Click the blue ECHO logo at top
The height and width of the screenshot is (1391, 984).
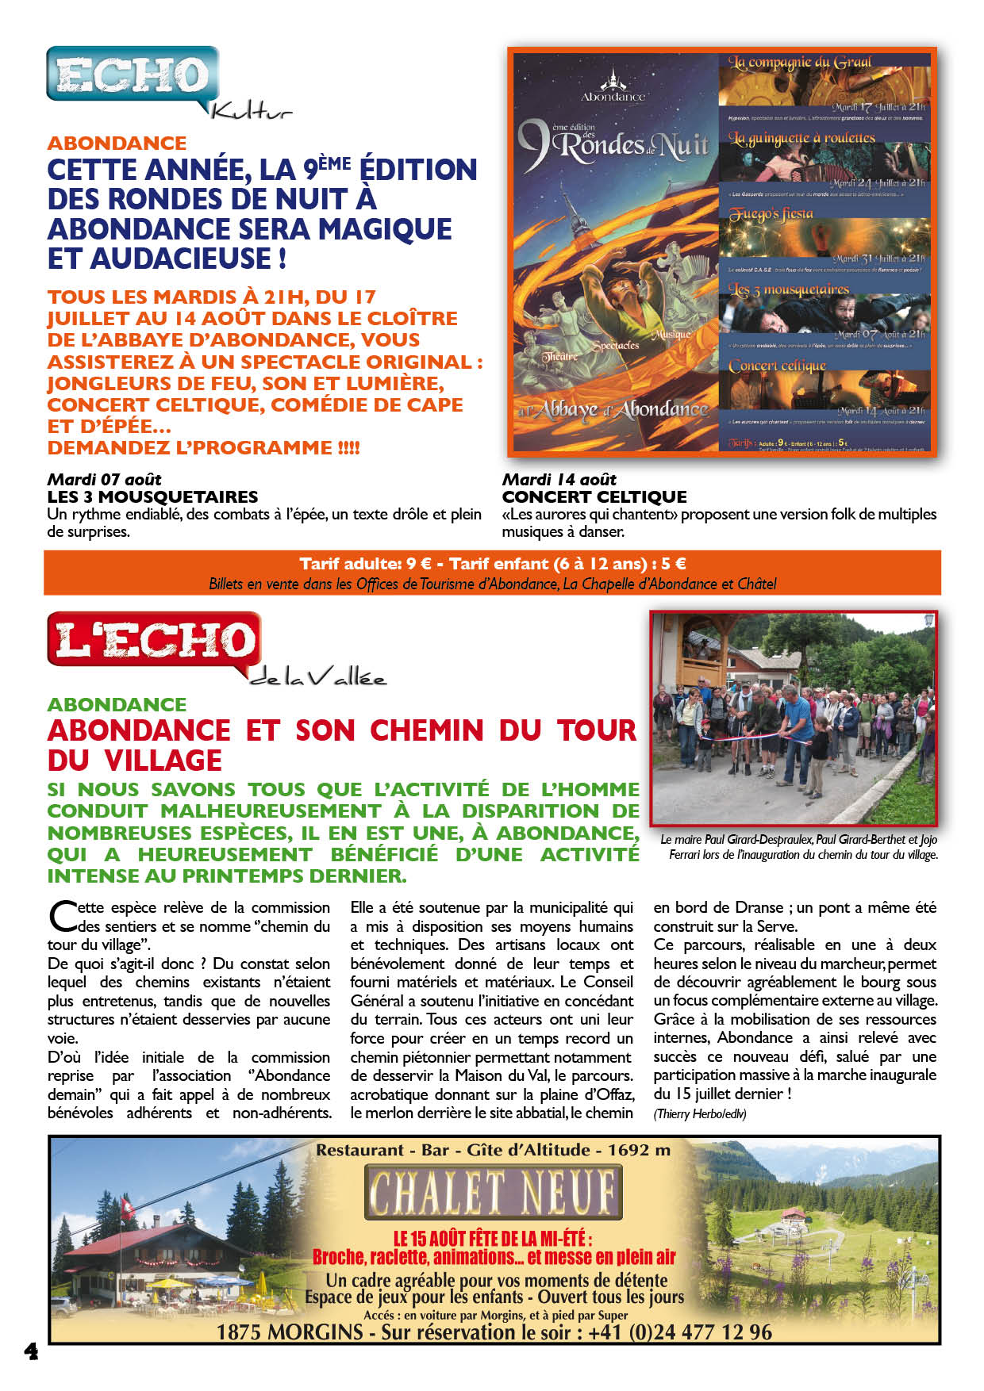point(132,75)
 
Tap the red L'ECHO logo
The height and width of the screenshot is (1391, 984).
point(154,640)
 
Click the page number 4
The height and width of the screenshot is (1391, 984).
point(31,1351)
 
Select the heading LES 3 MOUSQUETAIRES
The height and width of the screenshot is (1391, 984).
point(152,497)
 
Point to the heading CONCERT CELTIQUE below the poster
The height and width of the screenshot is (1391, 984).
point(594,497)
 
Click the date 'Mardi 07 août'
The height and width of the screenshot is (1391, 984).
point(104,479)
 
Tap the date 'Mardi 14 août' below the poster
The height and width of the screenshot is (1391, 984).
point(559,479)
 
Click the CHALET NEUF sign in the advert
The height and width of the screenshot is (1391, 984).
point(493,1192)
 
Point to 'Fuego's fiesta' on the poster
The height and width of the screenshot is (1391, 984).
point(771,214)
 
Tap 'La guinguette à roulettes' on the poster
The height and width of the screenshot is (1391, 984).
point(801,138)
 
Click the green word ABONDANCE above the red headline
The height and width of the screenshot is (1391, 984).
point(117,704)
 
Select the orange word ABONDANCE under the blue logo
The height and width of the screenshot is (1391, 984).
point(117,143)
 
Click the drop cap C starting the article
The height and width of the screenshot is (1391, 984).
point(62,917)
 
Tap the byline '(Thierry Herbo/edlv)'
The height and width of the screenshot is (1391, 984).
point(699,1113)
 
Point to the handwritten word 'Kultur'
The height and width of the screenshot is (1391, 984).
point(251,112)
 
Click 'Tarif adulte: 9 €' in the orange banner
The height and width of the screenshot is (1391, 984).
point(365,564)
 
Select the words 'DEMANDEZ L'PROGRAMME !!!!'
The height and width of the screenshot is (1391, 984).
point(203,448)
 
